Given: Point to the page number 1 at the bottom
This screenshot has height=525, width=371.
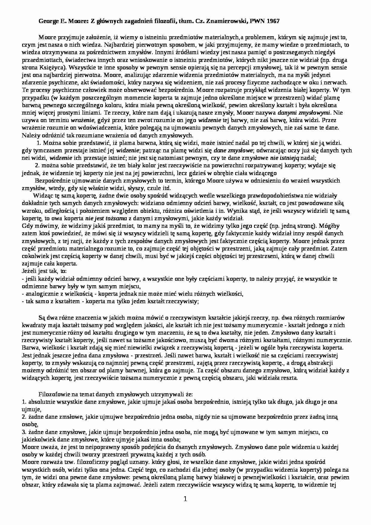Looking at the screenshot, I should [185, 499].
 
